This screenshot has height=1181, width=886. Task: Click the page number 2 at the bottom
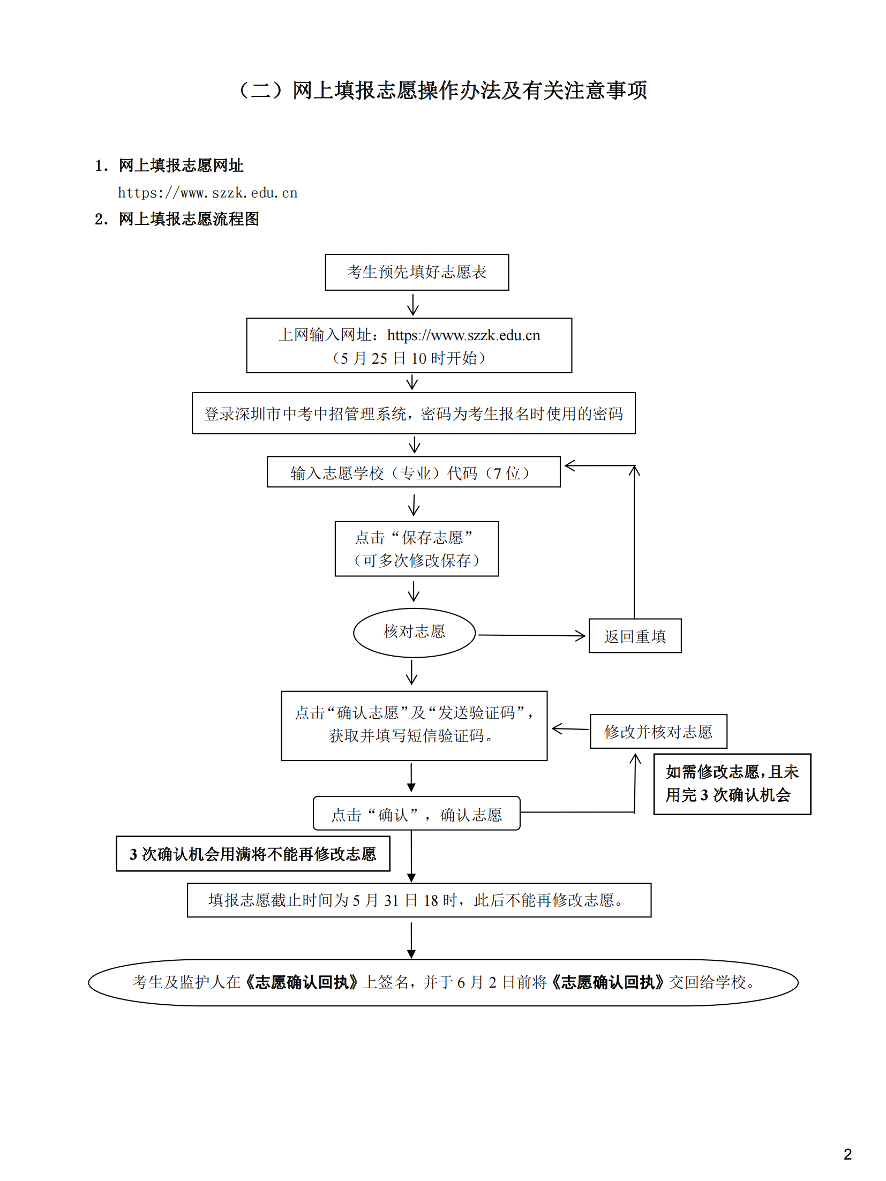tap(847, 1154)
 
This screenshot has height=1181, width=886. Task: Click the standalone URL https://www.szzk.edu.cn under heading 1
tap(207, 193)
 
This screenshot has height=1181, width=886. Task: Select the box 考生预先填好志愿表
tap(416, 272)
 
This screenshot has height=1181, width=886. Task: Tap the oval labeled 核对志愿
tap(414, 632)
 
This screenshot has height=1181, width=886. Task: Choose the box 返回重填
tap(635, 636)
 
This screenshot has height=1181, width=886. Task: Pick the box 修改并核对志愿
tap(658, 731)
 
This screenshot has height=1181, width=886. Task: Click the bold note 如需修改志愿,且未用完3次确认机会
tap(732, 784)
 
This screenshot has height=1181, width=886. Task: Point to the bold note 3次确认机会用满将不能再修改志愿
tap(252, 854)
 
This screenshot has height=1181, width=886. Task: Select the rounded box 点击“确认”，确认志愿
tap(416, 814)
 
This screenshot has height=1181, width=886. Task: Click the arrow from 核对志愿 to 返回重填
tap(530, 635)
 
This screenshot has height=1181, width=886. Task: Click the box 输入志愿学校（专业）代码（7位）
tap(413, 472)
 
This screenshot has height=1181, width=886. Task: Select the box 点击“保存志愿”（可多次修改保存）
tap(416, 548)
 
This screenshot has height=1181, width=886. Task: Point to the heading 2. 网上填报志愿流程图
tap(177, 219)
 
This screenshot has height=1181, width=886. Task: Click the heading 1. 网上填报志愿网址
tap(169, 166)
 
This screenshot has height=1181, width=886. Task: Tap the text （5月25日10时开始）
tap(409, 358)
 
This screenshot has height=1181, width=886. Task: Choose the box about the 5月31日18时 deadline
tap(418, 900)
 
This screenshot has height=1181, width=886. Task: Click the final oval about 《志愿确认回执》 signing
tap(443, 982)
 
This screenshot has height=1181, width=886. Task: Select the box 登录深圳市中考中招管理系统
tap(413, 413)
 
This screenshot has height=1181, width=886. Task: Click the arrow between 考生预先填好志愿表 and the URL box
tap(412, 304)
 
